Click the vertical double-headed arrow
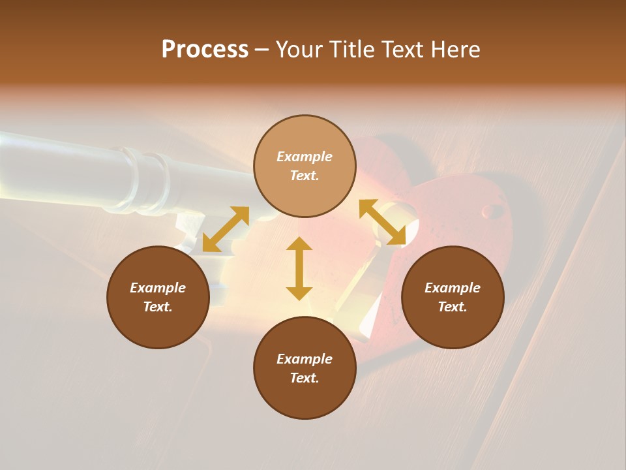(x=299, y=268)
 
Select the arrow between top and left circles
(x=226, y=229)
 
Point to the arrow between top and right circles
(x=382, y=222)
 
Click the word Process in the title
(x=205, y=49)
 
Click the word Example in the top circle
(x=305, y=157)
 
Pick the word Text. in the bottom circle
(x=305, y=378)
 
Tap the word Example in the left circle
(x=158, y=288)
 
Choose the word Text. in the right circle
(x=453, y=307)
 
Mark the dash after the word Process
(x=262, y=50)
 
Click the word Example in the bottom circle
(x=305, y=359)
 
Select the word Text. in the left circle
(x=158, y=307)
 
